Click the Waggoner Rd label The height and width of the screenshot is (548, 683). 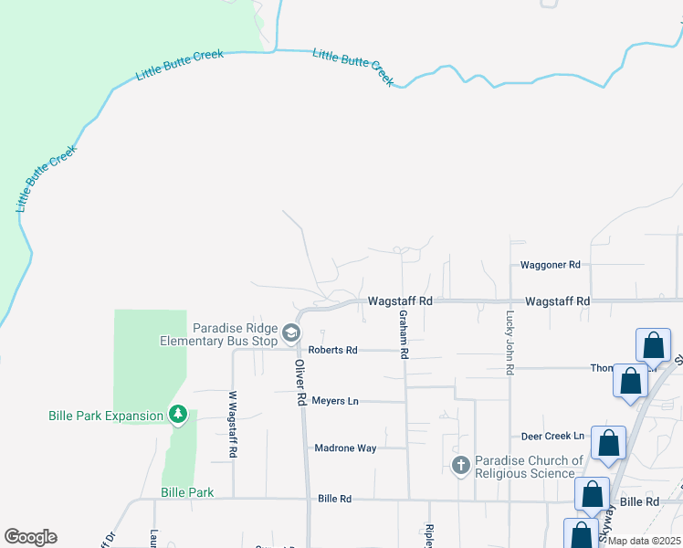tap(550, 265)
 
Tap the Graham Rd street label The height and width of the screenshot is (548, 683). tap(402, 333)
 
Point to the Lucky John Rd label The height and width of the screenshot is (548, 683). tap(510, 344)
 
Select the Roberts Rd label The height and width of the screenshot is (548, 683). tap(332, 350)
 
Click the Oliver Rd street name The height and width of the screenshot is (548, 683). tap(299, 383)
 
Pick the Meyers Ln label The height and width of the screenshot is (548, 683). tap(335, 401)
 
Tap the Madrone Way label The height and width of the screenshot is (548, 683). tap(345, 448)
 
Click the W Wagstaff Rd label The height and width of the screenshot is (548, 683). tap(233, 425)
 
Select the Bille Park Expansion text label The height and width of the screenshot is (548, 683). tap(105, 416)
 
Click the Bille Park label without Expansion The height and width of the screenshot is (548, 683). tap(187, 492)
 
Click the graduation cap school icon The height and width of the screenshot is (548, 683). tap(291, 332)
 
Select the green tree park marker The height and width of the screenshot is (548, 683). tap(178, 416)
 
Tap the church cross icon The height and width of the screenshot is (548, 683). tap(461, 467)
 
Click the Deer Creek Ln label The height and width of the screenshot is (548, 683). tap(552, 437)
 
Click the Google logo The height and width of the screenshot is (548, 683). tap(30, 537)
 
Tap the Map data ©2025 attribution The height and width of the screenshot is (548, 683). tap(643, 541)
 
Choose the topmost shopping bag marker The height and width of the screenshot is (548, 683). tap(653, 346)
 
